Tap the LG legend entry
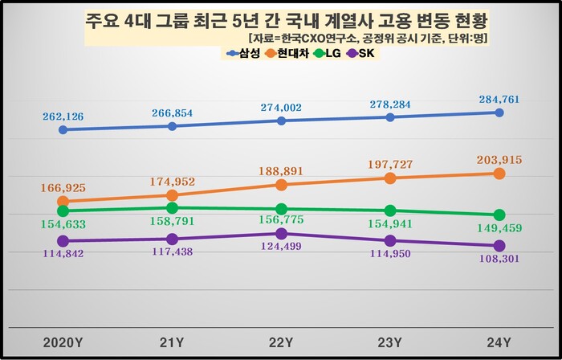[x=334, y=54]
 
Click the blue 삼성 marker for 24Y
[x=499, y=112]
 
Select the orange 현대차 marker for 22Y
[x=281, y=185]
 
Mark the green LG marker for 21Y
[x=172, y=207]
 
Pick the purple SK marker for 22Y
[x=281, y=233]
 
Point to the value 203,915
[x=499, y=160]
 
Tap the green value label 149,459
[x=499, y=229]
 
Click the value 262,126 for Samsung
[x=63, y=116]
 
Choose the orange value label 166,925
[x=63, y=187]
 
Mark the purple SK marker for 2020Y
[x=63, y=240]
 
